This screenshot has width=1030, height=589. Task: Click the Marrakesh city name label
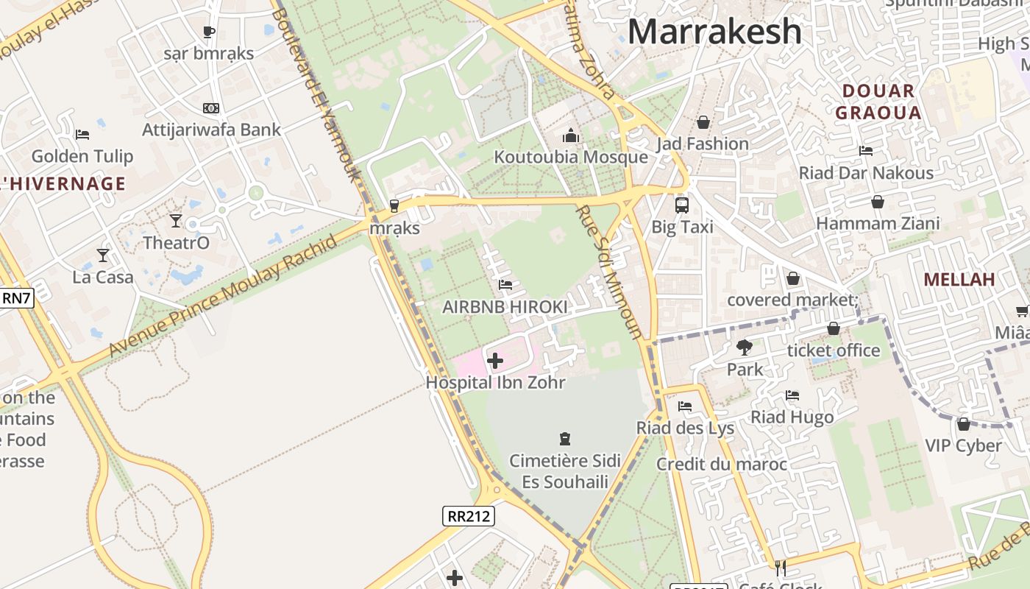(x=714, y=31)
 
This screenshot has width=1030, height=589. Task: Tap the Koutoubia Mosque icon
(x=571, y=135)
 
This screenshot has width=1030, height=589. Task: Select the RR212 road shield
(x=469, y=516)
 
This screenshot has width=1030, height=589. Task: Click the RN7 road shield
(x=16, y=297)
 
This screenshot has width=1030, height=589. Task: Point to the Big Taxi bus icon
(x=682, y=205)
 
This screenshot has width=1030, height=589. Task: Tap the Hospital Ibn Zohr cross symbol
(x=495, y=361)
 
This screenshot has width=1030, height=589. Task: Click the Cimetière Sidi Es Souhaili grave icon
(x=565, y=439)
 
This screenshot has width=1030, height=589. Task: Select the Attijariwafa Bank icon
(x=211, y=108)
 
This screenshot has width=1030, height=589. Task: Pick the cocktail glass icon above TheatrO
(x=176, y=220)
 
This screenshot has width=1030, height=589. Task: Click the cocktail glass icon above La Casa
(x=102, y=255)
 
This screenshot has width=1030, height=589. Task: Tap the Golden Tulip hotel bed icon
(x=82, y=134)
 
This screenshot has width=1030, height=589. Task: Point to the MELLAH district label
(x=959, y=279)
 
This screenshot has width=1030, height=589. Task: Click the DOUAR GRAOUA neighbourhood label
(x=878, y=102)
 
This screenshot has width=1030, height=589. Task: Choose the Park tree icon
(x=745, y=347)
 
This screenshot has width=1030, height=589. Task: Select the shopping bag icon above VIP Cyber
(x=963, y=424)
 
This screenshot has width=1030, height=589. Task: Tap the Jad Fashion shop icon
(x=703, y=121)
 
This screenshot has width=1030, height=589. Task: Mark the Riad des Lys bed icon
(x=685, y=406)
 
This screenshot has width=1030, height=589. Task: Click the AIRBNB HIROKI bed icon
(x=505, y=284)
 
